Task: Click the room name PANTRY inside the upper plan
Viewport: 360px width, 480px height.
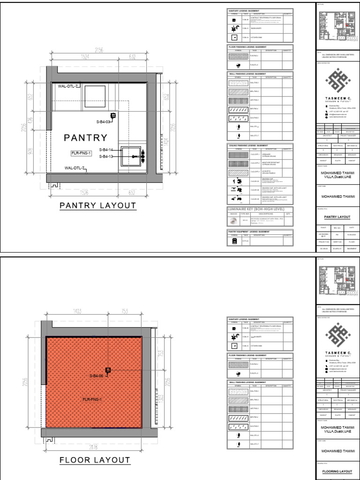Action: click(86, 138)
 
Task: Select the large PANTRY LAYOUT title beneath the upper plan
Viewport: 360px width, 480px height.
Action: click(97, 205)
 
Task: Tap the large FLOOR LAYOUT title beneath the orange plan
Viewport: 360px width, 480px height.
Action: click(95, 460)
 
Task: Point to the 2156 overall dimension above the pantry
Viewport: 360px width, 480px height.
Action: click(98, 50)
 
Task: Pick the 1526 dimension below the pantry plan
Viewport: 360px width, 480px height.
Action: click(83, 192)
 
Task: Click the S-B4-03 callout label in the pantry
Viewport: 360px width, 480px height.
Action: click(104, 122)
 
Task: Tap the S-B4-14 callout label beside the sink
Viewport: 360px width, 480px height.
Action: click(106, 150)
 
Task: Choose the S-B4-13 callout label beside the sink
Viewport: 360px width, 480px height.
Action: click(106, 157)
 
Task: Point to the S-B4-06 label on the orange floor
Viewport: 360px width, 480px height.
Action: click(97, 376)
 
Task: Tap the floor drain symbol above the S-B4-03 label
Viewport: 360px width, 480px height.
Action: click(113, 115)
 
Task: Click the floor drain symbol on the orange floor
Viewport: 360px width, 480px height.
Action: click(108, 370)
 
